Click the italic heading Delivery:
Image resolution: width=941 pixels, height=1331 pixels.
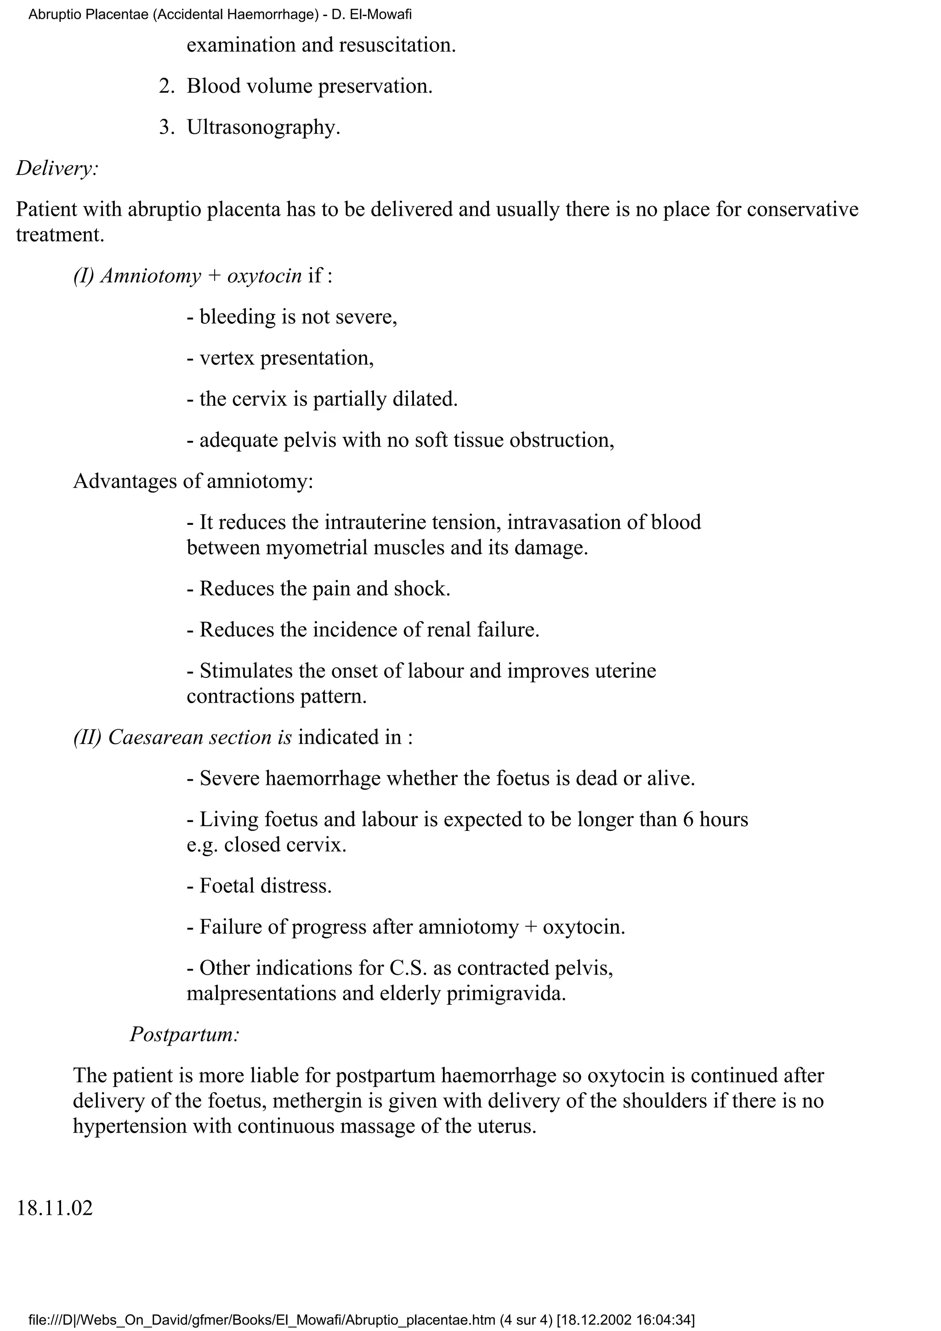coord(57,168)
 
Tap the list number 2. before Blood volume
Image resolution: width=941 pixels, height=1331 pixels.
coord(166,86)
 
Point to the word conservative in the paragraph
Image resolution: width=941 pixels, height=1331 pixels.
coord(802,209)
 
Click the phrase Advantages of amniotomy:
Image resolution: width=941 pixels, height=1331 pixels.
coord(193,481)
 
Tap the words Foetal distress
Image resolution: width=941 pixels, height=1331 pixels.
coord(266,886)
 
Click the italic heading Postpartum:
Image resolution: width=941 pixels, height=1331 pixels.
coord(184,1034)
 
